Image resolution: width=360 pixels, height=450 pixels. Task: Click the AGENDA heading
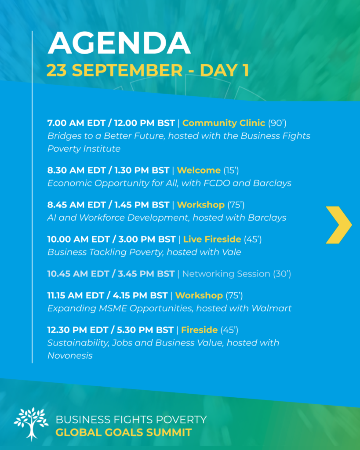pos(119,43)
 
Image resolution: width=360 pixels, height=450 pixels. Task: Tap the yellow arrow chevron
pos(339,225)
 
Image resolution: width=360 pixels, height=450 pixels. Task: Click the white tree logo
pos(31,424)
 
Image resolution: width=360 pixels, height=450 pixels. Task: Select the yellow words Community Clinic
pos(224,123)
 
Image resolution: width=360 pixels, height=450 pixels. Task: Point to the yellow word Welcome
pos(199,170)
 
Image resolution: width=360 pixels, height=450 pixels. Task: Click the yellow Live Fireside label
pos(212,239)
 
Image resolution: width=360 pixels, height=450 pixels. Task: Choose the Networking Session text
pos(226,274)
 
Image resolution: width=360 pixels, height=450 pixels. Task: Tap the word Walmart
pos(271,308)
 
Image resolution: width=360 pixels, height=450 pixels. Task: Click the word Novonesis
pos(70,356)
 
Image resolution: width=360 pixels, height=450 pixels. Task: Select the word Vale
pos(231,252)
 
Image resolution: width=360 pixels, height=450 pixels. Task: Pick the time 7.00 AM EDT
pos(76,123)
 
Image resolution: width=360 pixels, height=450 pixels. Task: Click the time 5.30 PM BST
pos(145,330)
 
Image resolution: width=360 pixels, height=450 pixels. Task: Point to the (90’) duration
pos(277,123)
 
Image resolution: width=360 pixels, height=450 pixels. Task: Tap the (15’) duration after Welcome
pos(231,170)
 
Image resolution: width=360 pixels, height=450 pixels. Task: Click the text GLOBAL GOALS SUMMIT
pos(124,432)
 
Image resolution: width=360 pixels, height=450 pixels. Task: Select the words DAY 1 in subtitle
pos(224,70)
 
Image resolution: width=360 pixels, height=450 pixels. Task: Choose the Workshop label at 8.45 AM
pos(201,205)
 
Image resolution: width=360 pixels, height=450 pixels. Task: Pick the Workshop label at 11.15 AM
pos(199,295)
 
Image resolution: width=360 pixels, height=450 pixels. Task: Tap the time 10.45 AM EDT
pos(76,274)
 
